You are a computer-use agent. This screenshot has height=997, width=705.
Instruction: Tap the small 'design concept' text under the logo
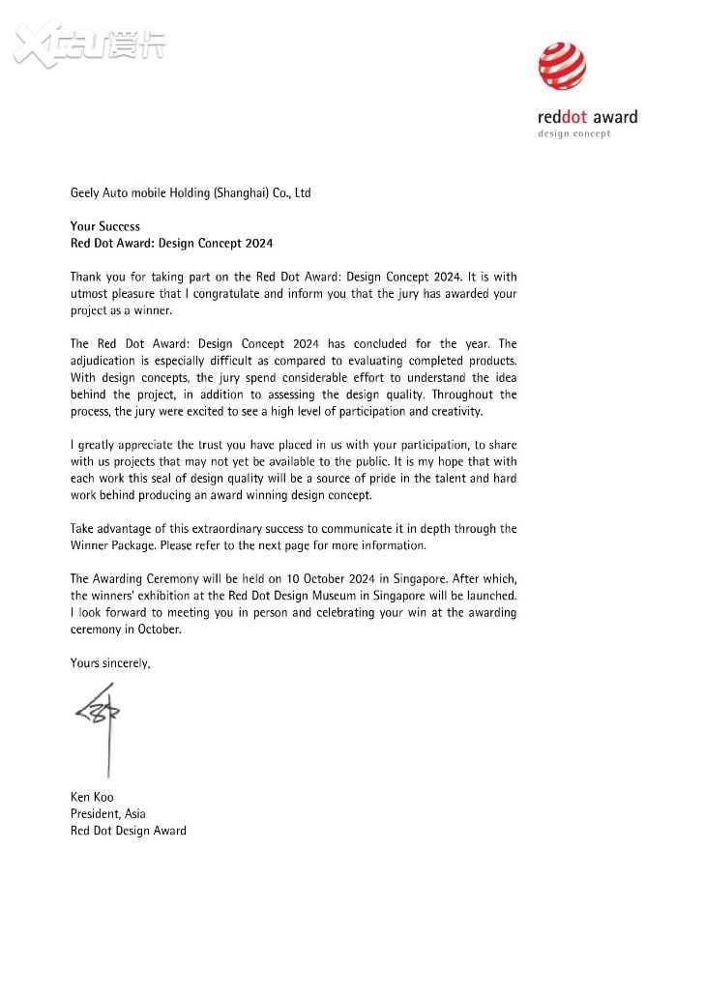pyautogui.click(x=573, y=133)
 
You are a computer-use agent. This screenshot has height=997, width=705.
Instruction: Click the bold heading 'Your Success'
pyautogui.click(x=104, y=226)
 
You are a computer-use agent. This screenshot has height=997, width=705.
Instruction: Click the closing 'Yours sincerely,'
pyautogui.click(x=110, y=663)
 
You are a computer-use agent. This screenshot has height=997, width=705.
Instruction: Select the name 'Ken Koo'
pyautogui.click(x=92, y=797)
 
